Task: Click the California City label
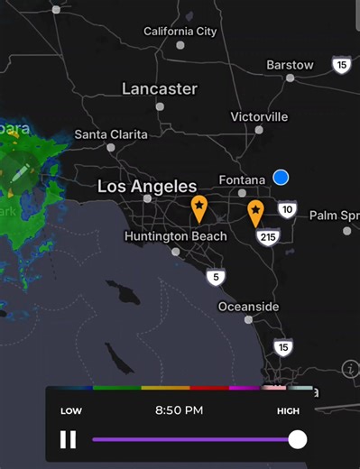[x=180, y=32]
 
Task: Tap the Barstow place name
[x=290, y=65]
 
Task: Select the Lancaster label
[x=160, y=88]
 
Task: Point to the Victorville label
[x=259, y=117]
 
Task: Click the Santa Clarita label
[x=111, y=134]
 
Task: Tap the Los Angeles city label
[x=147, y=187]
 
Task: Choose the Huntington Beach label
[x=176, y=236]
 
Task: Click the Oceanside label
[x=248, y=307]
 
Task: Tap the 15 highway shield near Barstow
[x=341, y=65]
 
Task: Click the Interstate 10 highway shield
[x=287, y=210]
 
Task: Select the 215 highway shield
[x=267, y=236]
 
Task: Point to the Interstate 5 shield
[x=215, y=277]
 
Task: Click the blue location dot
[x=281, y=178]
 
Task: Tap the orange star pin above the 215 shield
[x=256, y=212]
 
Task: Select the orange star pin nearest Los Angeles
[x=198, y=207]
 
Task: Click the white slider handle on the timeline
[x=297, y=439]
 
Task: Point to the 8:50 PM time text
[x=179, y=410]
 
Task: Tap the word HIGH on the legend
[x=289, y=410]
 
